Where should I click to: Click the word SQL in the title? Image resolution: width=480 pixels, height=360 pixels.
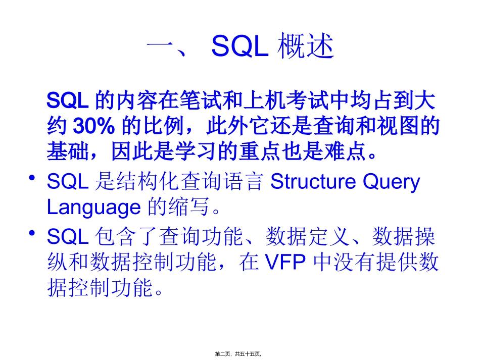(x=239, y=47)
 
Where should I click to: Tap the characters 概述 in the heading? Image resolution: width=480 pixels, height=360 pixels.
(x=307, y=47)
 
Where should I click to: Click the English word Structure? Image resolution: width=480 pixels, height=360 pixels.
(x=317, y=182)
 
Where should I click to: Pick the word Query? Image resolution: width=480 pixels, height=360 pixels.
(x=394, y=182)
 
